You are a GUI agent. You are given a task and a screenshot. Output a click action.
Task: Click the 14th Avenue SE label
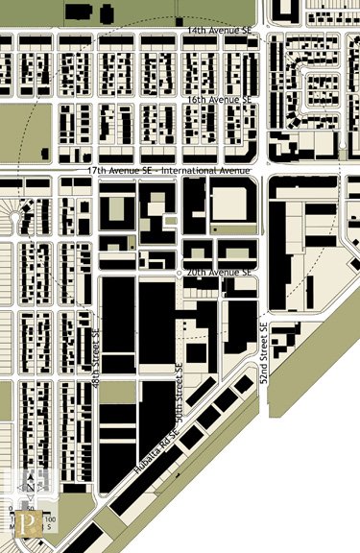click(219, 31)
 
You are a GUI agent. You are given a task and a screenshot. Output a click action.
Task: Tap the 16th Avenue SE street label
click(219, 99)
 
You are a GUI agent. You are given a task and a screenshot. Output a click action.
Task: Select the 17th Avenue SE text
click(120, 170)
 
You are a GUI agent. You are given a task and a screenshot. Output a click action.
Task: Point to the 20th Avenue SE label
click(219, 273)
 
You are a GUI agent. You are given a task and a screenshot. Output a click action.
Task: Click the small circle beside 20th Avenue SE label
click(179, 274)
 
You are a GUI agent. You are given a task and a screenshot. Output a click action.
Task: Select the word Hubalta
click(145, 458)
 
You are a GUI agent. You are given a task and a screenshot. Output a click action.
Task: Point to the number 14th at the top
click(197, 31)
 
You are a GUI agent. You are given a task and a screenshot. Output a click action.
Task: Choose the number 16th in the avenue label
click(197, 99)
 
